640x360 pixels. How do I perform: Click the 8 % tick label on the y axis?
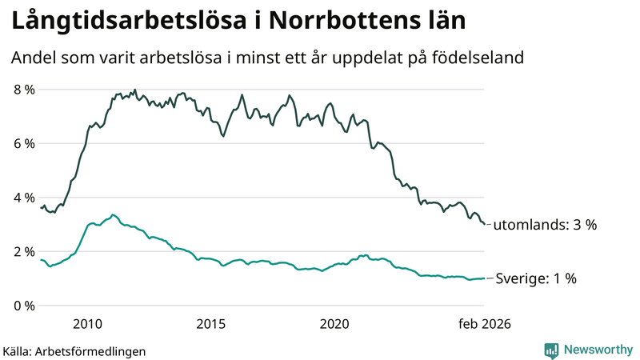tap(23, 90)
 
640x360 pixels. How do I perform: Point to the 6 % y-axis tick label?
tap(23, 144)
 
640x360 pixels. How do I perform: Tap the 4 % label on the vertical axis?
tap(23, 198)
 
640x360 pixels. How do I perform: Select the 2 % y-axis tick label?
tap(23, 252)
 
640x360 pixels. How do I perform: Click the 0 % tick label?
tap(23, 306)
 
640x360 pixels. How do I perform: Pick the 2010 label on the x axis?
tap(87, 324)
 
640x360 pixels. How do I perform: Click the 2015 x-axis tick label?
tap(211, 324)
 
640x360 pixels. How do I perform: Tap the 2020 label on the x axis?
tap(335, 324)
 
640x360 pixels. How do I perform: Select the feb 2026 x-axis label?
tap(483, 324)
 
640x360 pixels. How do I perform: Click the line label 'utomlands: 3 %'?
tap(545, 225)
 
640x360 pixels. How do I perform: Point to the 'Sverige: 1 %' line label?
tap(534, 278)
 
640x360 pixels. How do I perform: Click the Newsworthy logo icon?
tap(551, 350)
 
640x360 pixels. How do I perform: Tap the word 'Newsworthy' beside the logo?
tap(596, 350)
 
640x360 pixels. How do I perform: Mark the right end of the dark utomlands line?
tap(484, 224)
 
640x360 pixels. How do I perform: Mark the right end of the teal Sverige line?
tap(484, 278)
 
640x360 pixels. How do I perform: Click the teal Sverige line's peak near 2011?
tap(113, 214)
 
